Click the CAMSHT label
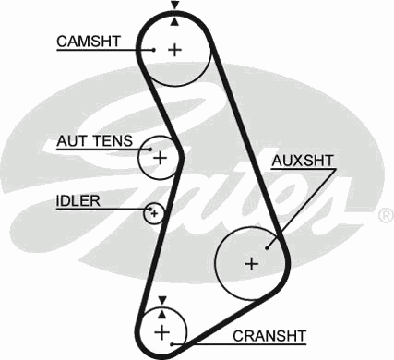88,42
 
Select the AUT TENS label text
94,142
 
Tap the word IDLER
78,200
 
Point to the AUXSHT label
303,162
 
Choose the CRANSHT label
269,334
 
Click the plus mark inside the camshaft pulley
174,49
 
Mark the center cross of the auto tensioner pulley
160,158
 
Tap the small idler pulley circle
154,214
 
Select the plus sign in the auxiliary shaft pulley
250,263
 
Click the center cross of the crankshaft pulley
162,330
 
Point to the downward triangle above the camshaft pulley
173,6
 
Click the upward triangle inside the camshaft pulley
173,19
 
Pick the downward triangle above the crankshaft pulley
162,299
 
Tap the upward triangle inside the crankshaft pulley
162,311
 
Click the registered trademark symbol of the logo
385,215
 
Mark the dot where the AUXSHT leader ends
267,246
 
